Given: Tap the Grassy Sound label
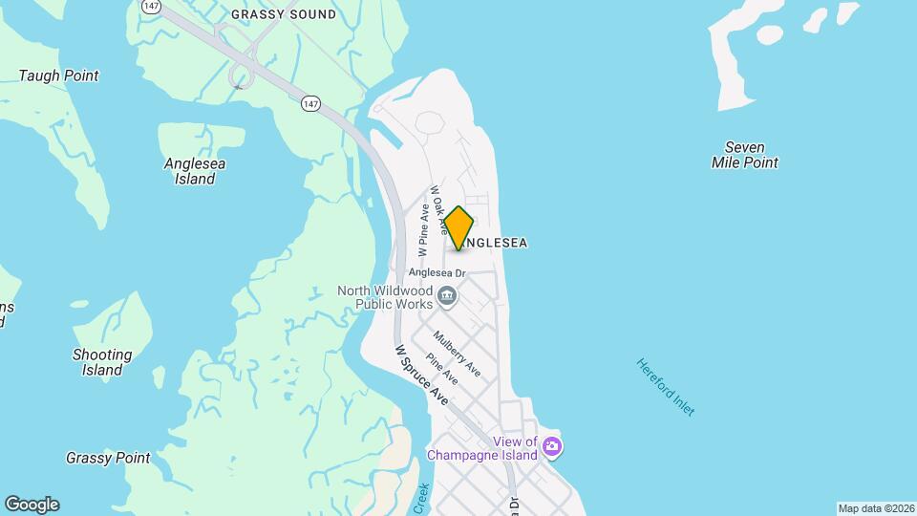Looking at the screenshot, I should pos(284,14).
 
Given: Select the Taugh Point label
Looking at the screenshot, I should pos(59,75).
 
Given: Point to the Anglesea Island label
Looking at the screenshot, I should pos(195,171).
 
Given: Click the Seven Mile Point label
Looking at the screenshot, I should pos(745,155).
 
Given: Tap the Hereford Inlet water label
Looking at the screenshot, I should pos(666,387).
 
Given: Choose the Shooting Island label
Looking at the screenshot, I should pos(102,362).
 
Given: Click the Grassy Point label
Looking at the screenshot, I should pos(108,458).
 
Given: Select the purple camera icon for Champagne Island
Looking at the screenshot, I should pos(551,446).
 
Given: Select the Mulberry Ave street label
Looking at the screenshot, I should pos(457,354).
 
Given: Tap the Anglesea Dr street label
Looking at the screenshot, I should pos(437,272).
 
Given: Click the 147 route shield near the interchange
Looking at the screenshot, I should pos(309,103).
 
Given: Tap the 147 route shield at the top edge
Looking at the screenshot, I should pos(150,5).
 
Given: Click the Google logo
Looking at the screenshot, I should pos(32,505).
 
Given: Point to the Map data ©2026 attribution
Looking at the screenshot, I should pos(876,508).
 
